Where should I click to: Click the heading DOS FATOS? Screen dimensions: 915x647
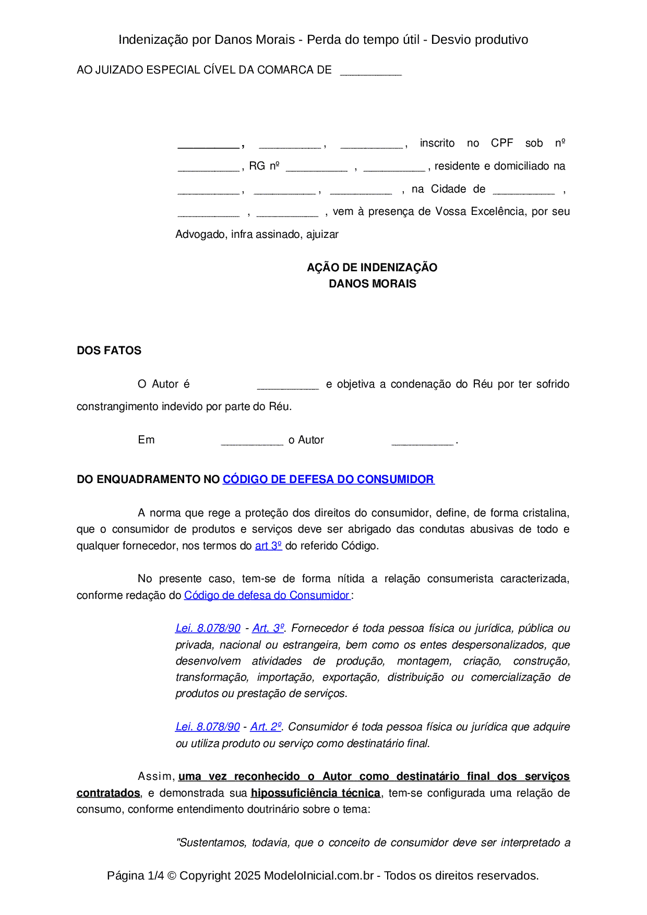(109, 351)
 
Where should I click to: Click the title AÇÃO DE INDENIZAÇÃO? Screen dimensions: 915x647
(372, 268)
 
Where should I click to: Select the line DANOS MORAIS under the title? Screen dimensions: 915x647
(372, 284)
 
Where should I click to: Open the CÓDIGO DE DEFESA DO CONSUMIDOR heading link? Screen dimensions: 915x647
(328, 479)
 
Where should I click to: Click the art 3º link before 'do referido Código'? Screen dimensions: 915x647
(268, 546)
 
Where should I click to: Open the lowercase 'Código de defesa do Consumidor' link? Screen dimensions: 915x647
(267, 595)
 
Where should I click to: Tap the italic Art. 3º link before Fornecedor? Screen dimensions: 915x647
(268, 628)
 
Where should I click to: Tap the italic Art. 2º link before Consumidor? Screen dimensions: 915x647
(266, 727)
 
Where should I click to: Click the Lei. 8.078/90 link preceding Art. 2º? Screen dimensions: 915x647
(208, 727)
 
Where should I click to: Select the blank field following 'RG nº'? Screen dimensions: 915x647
(317, 167)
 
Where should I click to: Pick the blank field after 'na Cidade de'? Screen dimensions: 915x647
(523, 190)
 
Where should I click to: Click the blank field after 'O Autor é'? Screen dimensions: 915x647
(287, 386)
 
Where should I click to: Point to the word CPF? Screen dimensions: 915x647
(502, 143)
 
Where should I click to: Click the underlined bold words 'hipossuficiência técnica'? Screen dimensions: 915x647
(315, 793)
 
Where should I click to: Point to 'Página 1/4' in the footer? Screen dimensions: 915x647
(135, 875)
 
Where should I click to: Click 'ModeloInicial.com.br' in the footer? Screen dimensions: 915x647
(319, 875)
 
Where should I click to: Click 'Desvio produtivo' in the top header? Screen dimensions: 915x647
(480, 40)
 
